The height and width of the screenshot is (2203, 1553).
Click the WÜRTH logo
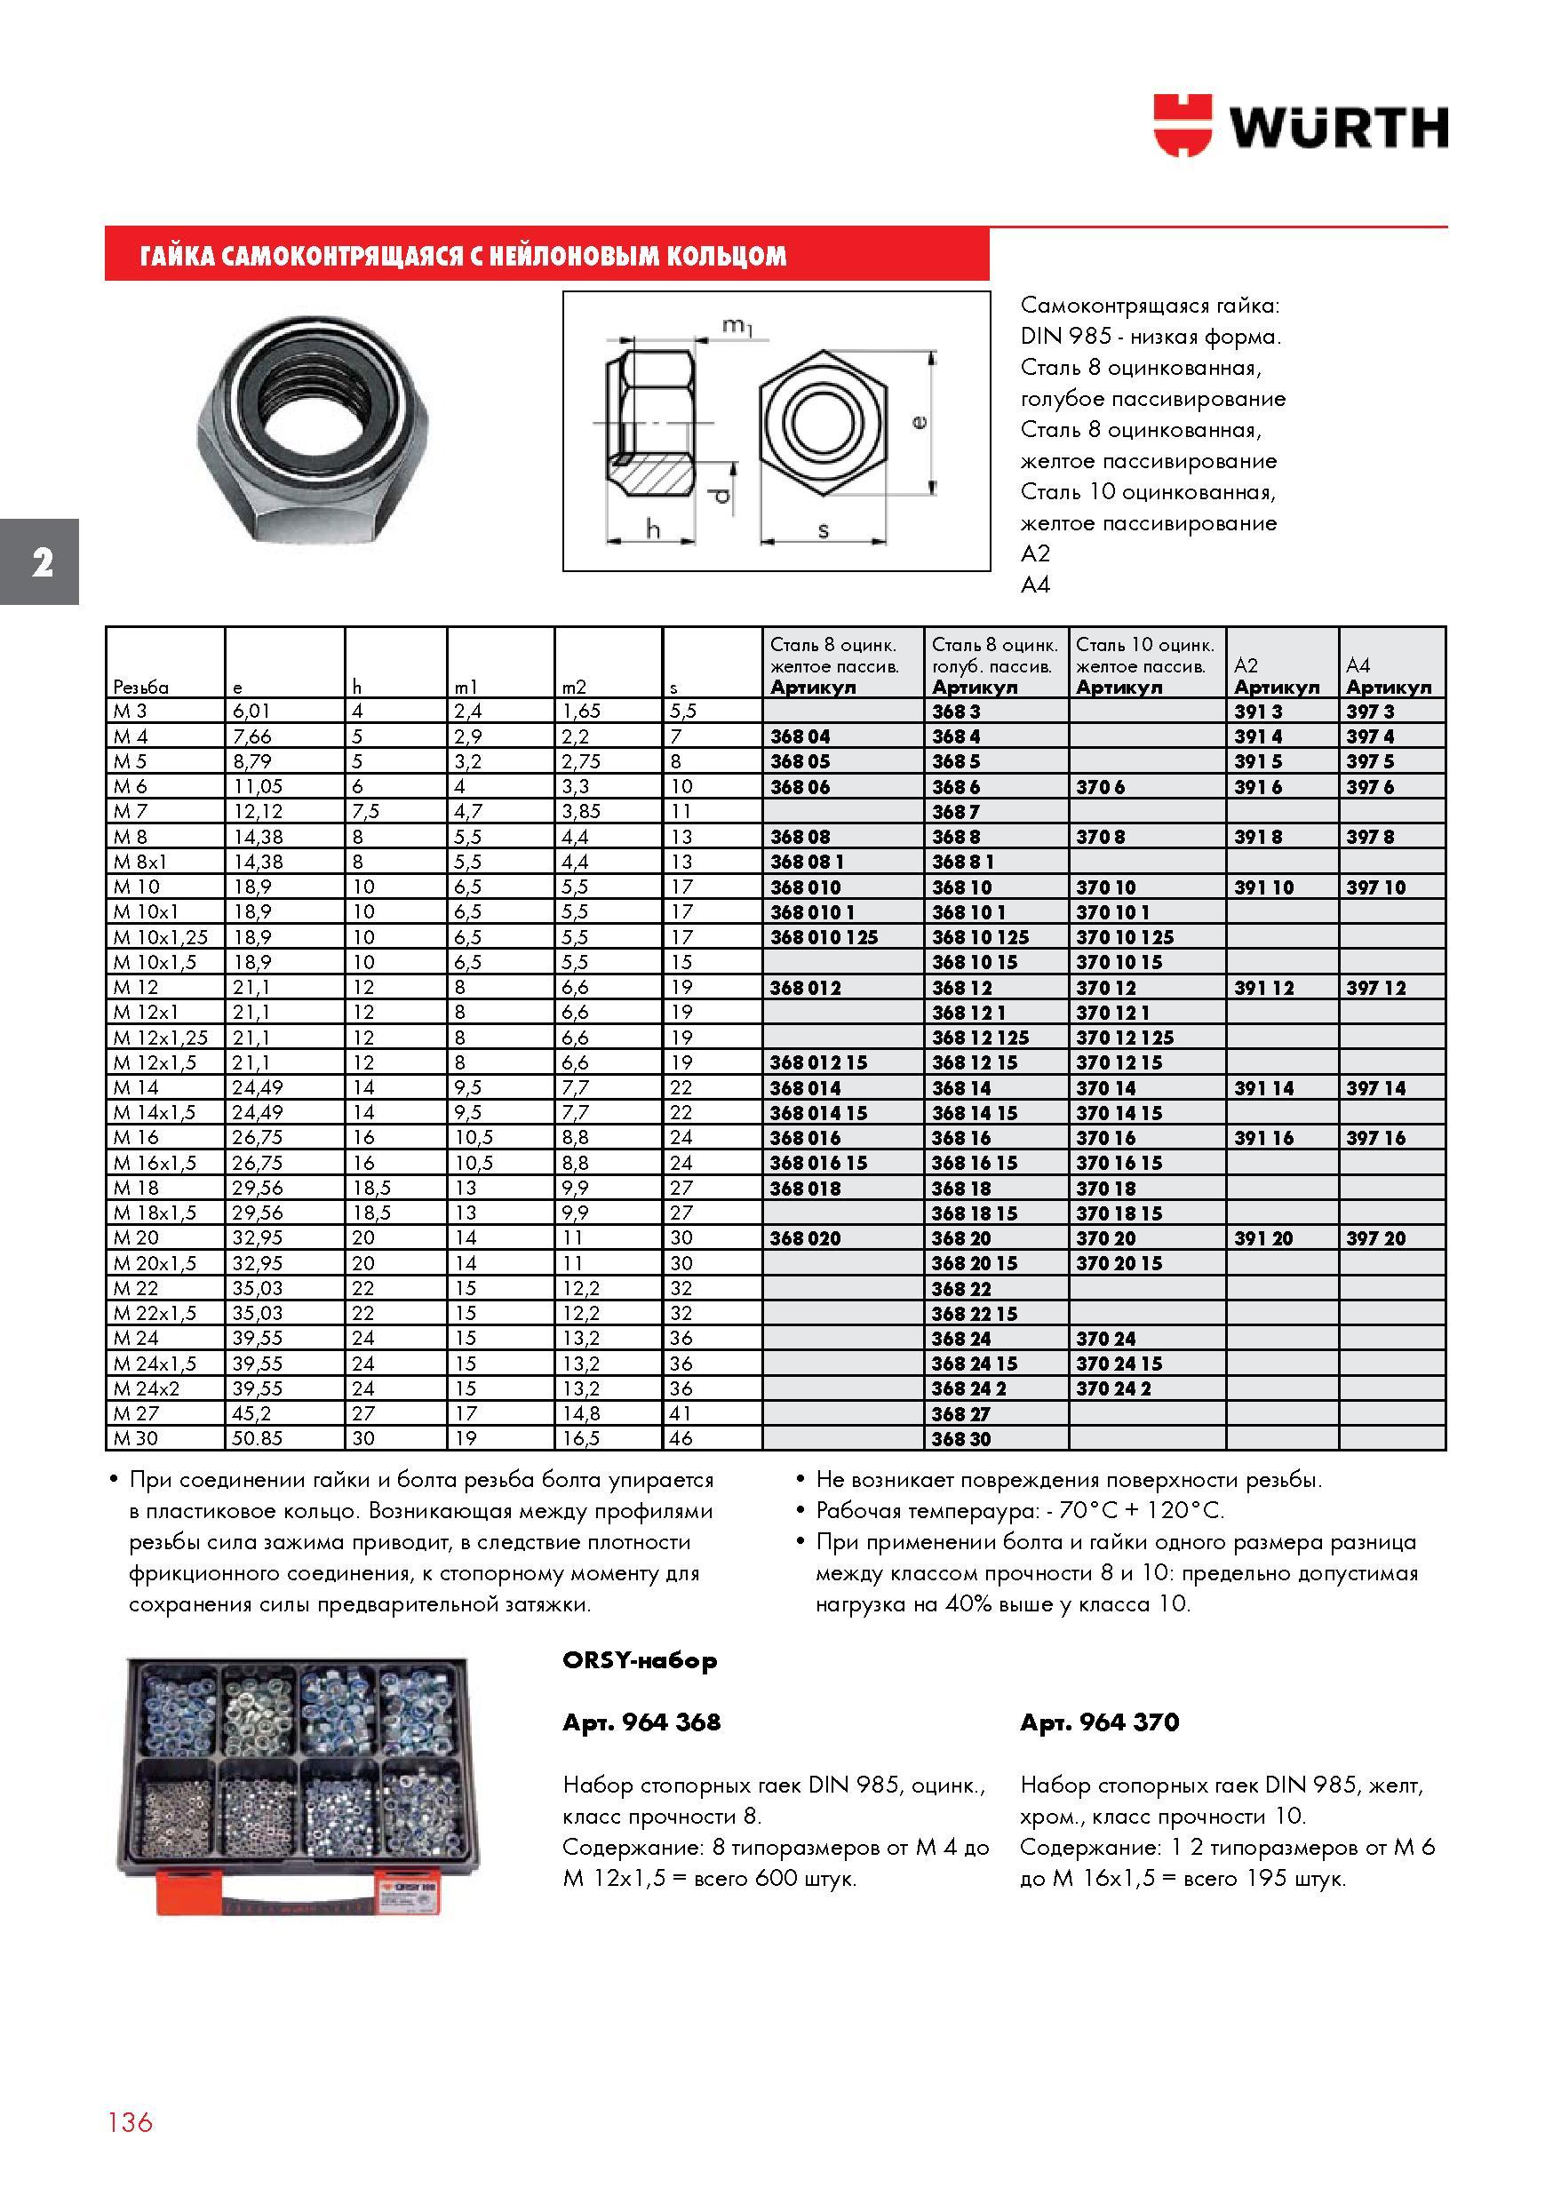(1301, 125)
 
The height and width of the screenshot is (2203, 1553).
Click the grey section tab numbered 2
(39, 562)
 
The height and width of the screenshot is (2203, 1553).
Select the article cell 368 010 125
(824, 937)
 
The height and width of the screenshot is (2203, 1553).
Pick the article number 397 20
(1375, 1238)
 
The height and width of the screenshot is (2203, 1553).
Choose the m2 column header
(574, 687)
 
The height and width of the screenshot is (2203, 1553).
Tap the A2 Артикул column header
(1277, 676)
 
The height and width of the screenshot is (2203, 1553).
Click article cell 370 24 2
(1113, 1388)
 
